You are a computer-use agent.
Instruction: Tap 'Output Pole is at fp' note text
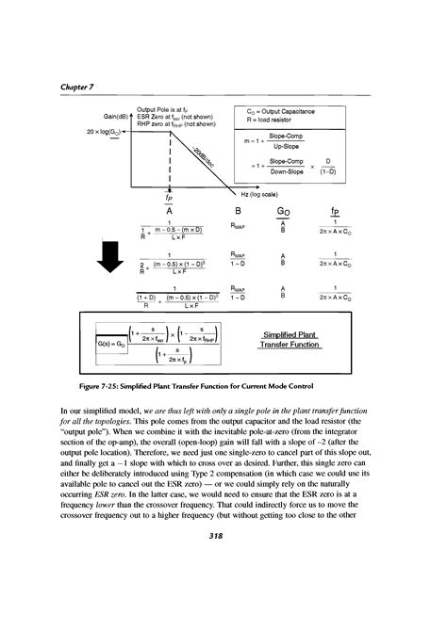pyautogui.click(x=162, y=110)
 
